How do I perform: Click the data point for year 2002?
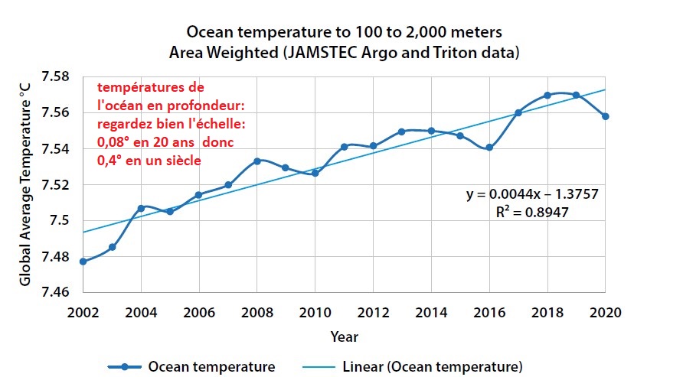(83, 262)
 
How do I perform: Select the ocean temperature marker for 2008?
(257, 161)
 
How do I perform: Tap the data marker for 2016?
(489, 148)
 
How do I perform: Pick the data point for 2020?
(606, 116)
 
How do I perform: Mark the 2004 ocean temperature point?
(141, 208)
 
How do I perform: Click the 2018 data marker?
(547, 96)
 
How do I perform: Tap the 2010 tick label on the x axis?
(315, 312)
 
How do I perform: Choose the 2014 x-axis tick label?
(431, 312)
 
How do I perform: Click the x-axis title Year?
(344, 336)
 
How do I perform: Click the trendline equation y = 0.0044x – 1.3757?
(532, 195)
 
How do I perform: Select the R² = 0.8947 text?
(531, 213)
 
